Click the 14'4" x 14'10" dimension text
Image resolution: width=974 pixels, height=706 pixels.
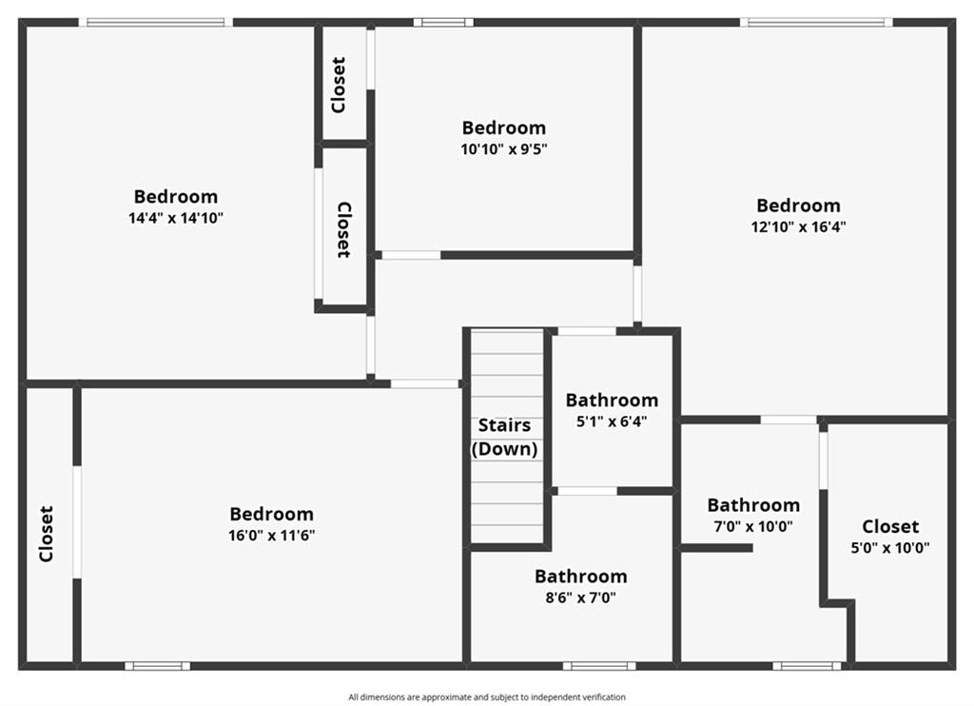tap(176, 218)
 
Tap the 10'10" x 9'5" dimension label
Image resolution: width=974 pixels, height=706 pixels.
tap(504, 148)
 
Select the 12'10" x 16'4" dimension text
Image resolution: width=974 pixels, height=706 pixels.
tap(798, 226)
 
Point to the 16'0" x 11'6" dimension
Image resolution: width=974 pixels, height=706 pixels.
tap(271, 536)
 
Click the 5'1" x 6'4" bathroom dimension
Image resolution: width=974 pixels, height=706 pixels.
tap(612, 422)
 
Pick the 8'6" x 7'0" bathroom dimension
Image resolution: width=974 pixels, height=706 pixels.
tap(580, 598)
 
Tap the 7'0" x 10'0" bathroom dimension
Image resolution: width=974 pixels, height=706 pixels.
tap(753, 526)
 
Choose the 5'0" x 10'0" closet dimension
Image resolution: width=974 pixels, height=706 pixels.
tap(890, 548)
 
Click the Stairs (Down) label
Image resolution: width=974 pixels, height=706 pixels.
tap(504, 437)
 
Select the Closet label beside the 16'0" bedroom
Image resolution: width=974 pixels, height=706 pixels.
tap(46, 533)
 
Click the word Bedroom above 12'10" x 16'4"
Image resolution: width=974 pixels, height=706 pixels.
tap(798, 206)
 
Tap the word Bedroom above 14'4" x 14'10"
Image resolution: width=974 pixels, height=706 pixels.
tap(176, 197)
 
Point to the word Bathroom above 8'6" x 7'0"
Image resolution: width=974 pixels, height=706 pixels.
tap(580, 577)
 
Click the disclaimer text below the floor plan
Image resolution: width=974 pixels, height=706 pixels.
tap(487, 697)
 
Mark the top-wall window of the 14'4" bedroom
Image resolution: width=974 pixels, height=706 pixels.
tap(156, 22)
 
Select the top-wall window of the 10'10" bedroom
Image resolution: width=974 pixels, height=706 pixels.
tap(442, 22)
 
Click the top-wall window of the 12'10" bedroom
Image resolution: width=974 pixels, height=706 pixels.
tap(816, 22)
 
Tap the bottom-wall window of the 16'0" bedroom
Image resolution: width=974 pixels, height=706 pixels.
tap(157, 665)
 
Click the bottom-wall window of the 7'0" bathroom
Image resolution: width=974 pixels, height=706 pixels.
tap(807, 665)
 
